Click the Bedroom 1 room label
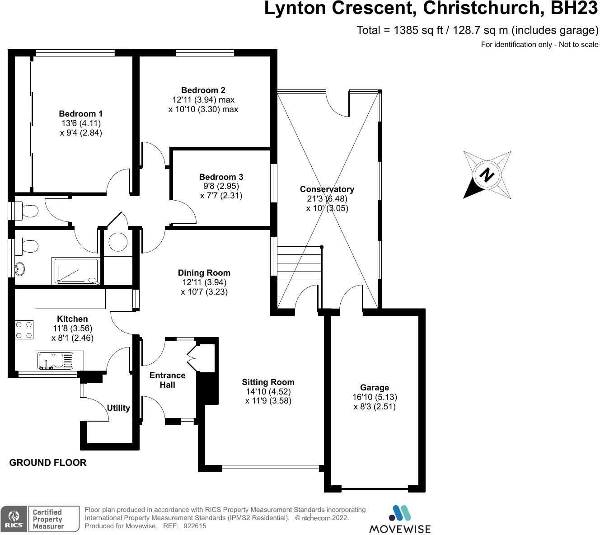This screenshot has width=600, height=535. click(81, 114)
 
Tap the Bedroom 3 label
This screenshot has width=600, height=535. click(221, 177)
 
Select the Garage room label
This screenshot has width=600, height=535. click(375, 388)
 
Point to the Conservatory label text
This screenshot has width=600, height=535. click(327, 189)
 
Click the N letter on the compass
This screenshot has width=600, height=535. click(487, 174)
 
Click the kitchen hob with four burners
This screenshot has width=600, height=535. click(24, 329)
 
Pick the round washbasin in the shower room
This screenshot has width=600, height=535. click(19, 269)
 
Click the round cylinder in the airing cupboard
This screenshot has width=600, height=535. click(118, 242)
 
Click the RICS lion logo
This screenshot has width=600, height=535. click(14, 518)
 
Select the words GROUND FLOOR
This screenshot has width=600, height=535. click(48, 463)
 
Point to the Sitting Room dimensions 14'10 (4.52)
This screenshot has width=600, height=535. click(268, 391)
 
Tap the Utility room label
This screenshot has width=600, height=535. click(118, 408)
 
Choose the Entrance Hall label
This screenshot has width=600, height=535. click(167, 380)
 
